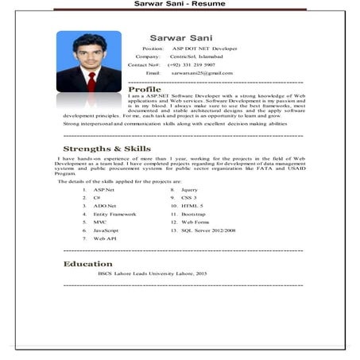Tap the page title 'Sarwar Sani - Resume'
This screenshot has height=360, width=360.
point(179,5)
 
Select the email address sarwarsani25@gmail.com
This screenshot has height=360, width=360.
point(199,72)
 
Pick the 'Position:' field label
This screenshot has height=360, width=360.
point(153,48)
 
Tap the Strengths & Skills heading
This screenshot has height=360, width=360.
point(106,149)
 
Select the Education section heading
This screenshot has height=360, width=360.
point(87,263)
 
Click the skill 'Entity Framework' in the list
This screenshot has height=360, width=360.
point(114,214)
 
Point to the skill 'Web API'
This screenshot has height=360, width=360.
point(105,238)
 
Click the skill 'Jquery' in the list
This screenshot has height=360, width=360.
point(189,190)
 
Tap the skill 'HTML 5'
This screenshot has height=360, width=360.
point(192,206)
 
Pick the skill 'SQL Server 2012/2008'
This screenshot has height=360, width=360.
point(208,230)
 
